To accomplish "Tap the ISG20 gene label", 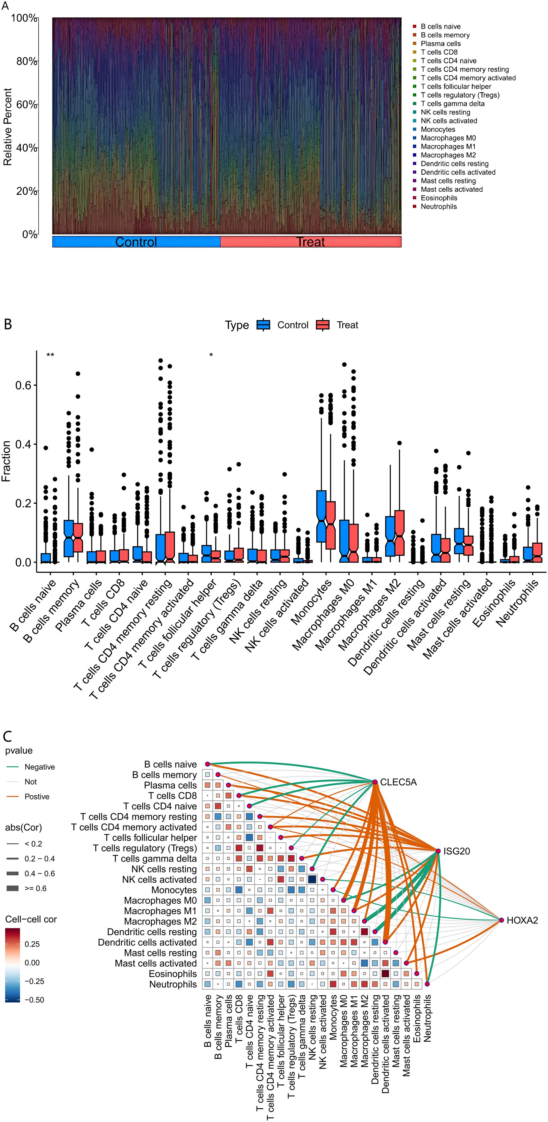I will tap(456, 851).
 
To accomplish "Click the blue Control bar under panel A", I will tap(136, 242).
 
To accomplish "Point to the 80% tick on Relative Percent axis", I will tap(27, 61).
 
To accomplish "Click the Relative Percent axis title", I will tap(7, 126).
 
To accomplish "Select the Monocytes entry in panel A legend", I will tap(437, 129).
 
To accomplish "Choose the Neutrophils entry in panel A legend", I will tap(438, 206).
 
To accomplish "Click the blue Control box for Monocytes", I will tap(322, 516).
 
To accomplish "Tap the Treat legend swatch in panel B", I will tap(323, 325).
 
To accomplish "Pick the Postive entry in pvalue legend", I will tap(37, 796).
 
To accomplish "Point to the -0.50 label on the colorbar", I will tap(34, 1000).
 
